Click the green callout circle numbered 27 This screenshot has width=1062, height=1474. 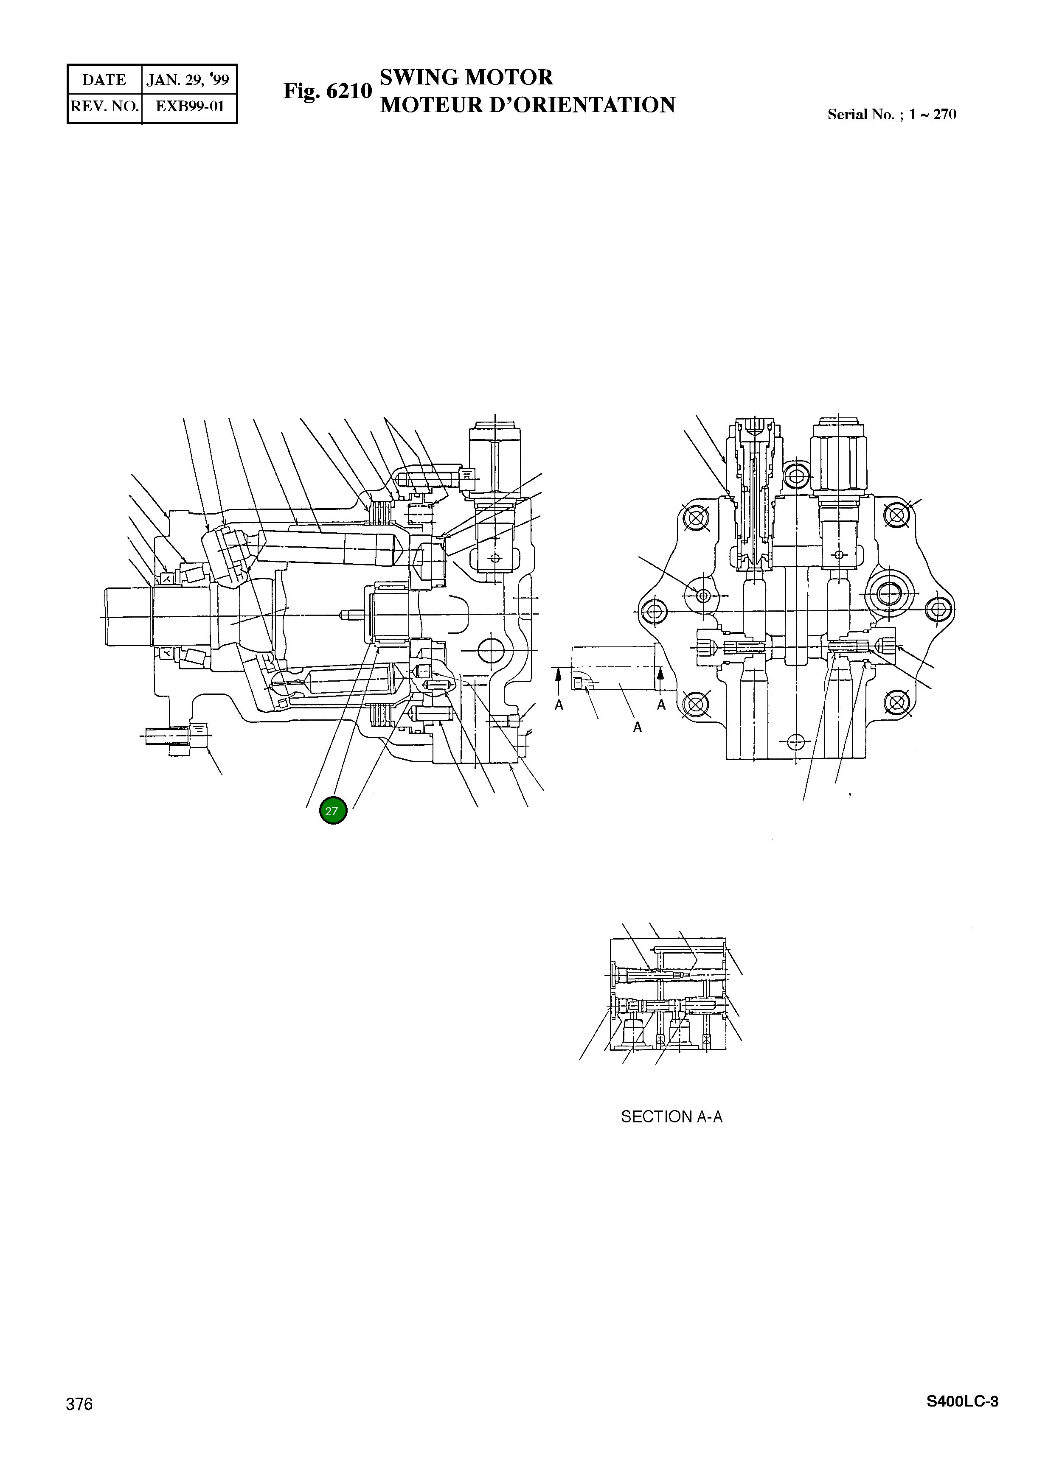tap(333, 811)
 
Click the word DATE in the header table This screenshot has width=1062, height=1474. tap(104, 80)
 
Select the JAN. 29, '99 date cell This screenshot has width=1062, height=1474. tap(188, 80)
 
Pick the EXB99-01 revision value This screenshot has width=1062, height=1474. tap(190, 106)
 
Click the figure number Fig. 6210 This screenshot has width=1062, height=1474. tap(327, 91)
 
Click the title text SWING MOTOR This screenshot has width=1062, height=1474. tap(466, 77)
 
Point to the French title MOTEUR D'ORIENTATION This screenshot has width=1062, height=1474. tap(528, 105)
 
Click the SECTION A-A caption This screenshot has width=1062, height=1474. tap(671, 1116)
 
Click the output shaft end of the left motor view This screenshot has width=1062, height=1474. tap(127, 616)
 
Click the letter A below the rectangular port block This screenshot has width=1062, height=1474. tap(638, 728)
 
